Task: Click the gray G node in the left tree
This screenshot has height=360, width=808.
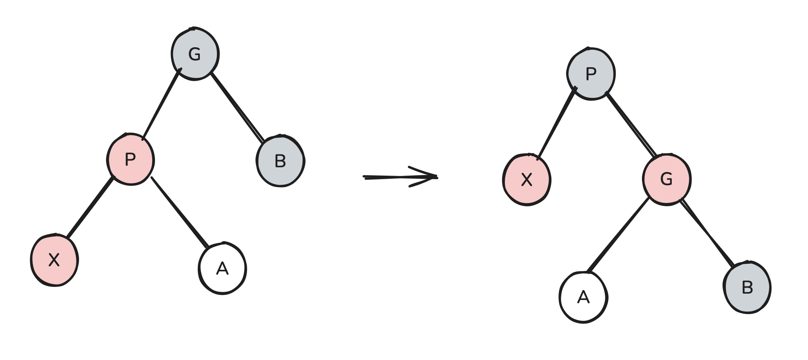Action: [x=195, y=54]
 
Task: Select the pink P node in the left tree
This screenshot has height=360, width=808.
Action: [x=130, y=160]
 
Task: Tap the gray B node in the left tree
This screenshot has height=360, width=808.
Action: [x=280, y=161]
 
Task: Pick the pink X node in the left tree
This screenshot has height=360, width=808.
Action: [x=54, y=260]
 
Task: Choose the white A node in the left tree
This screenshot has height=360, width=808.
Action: [x=222, y=269]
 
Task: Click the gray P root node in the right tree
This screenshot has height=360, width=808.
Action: [x=591, y=74]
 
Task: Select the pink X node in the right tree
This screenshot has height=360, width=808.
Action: [x=527, y=180]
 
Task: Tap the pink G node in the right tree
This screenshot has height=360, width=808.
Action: [x=667, y=179]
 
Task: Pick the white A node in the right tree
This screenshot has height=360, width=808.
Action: [x=583, y=297]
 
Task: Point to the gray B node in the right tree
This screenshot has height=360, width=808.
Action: [x=747, y=287]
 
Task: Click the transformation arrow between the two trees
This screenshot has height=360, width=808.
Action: [x=399, y=177]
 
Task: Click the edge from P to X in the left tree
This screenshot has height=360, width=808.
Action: [x=91, y=207]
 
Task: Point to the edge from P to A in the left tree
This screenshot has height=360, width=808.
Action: [x=179, y=212]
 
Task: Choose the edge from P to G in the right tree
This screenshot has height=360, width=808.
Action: [x=631, y=124]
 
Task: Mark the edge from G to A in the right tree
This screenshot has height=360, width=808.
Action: [x=619, y=235]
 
